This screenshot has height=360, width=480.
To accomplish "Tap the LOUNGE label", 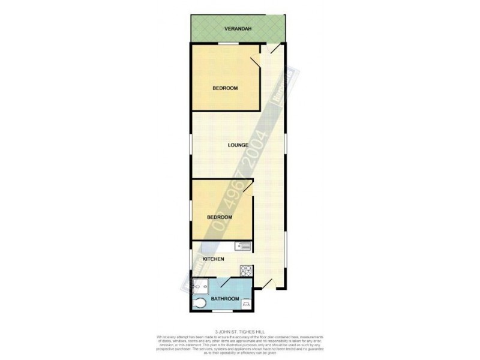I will coord(238,145).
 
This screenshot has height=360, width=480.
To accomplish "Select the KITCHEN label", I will coord(214,259).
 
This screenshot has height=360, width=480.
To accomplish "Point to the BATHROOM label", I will coord(225,299).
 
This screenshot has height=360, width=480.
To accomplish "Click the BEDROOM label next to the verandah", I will coord(225,88).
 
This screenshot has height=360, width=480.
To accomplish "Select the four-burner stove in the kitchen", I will coord(245,270).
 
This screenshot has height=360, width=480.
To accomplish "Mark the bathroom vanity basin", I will coord(246,304).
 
